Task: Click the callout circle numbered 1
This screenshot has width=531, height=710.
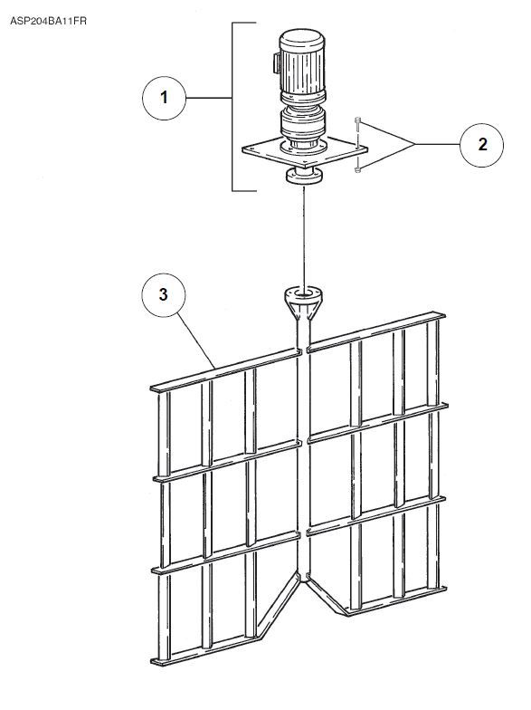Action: (x=164, y=98)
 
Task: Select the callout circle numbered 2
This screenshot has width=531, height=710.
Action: (x=482, y=145)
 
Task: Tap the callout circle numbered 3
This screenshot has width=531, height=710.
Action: (x=163, y=295)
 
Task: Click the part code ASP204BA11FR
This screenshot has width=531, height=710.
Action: (x=49, y=21)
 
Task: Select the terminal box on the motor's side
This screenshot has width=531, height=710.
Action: (x=275, y=63)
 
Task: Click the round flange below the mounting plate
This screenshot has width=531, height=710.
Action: (x=304, y=176)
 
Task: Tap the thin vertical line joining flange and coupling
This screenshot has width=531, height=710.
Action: (x=304, y=235)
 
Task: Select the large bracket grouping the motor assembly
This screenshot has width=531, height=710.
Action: (x=232, y=107)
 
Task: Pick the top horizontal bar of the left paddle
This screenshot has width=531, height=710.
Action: (x=226, y=369)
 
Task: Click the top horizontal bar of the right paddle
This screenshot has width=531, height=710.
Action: (x=376, y=331)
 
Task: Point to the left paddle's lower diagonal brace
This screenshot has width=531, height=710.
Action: (x=277, y=605)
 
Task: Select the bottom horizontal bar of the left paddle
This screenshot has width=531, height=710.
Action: (x=206, y=651)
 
